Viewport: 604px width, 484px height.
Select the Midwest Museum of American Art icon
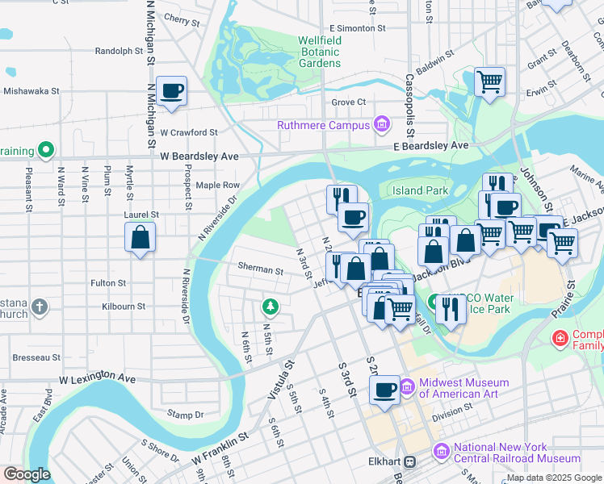coord(407,388)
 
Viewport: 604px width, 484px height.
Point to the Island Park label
coord(420,190)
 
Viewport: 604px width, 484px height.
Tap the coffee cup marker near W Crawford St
coord(172,92)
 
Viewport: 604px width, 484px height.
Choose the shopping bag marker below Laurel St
coord(141,238)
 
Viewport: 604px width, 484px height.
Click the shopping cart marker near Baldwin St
coord(489,81)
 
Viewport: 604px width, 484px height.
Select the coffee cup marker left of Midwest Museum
coord(385,390)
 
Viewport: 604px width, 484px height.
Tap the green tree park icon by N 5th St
coord(270,307)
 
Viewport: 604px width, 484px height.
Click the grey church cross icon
coord(40,307)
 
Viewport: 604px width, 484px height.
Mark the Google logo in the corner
coord(26,474)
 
